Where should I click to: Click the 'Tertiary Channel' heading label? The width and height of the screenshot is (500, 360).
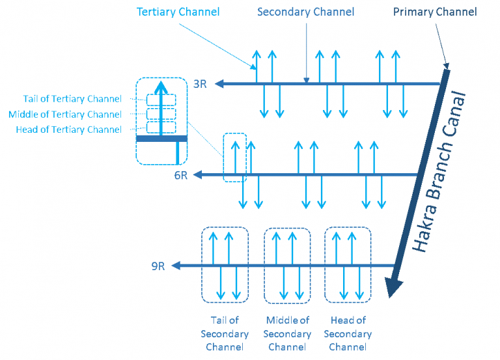(x=178, y=12)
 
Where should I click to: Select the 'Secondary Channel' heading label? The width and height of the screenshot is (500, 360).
(x=305, y=12)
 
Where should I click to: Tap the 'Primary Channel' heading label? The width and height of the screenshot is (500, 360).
(x=435, y=12)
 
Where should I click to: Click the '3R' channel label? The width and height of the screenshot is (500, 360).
(x=201, y=84)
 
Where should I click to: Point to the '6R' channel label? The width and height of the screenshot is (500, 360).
(x=181, y=175)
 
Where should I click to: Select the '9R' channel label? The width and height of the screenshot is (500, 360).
(x=158, y=266)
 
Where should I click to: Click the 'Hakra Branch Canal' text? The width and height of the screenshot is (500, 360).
(x=438, y=172)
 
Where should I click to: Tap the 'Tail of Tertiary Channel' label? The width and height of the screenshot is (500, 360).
(x=72, y=99)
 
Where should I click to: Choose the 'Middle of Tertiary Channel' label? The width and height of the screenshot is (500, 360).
(x=65, y=115)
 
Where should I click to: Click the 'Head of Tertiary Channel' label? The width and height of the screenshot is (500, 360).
(x=68, y=130)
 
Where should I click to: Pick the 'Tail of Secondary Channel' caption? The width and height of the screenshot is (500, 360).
(x=225, y=333)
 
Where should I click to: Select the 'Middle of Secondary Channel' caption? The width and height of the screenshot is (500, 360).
(x=287, y=333)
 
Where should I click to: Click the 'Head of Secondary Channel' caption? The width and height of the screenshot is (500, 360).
(x=348, y=333)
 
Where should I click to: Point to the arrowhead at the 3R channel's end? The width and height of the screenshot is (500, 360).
(x=219, y=84)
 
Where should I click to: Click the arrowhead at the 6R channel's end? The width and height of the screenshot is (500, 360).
(x=198, y=174)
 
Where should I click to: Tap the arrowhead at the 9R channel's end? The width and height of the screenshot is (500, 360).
(x=176, y=266)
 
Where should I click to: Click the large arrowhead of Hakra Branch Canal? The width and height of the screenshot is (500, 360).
(x=393, y=287)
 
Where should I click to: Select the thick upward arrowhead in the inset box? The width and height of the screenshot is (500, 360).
(x=161, y=88)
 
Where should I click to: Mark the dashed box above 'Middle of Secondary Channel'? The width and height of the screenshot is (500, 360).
(x=264, y=266)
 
